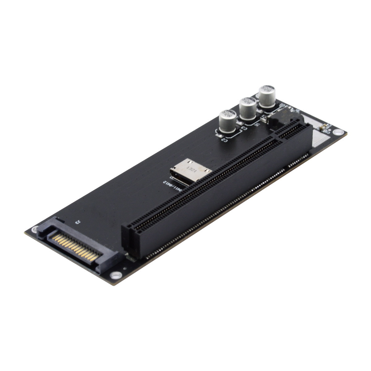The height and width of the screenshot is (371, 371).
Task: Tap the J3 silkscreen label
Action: (77, 222)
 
